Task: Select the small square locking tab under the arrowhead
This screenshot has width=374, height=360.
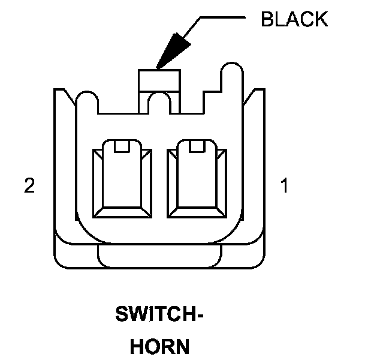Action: click(159, 80)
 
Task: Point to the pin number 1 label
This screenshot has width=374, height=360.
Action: click(284, 186)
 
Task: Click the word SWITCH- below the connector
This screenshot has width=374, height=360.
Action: click(159, 314)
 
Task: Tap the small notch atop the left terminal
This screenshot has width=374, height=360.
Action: click(122, 146)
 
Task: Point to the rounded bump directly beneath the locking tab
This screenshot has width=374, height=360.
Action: click(159, 102)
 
